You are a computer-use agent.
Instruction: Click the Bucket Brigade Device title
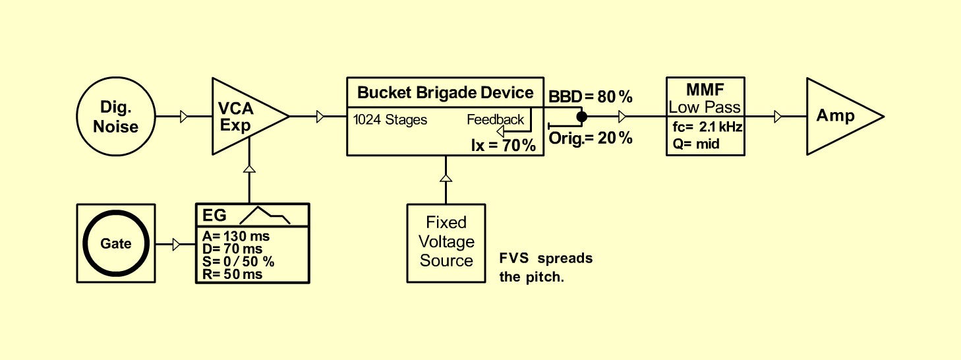pyautogui.click(x=446, y=93)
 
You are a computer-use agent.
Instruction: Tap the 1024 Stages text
pyautogui.click(x=390, y=120)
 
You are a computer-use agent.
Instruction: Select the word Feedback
pyautogui.click(x=496, y=119)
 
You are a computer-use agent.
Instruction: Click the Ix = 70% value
pyautogui.click(x=503, y=146)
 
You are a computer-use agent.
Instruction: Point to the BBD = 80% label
pyautogui.click(x=591, y=97)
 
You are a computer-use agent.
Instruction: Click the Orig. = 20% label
pyautogui.click(x=591, y=138)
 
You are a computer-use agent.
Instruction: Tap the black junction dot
pyautogui.click(x=582, y=116)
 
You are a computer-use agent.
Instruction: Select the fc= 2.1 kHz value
pyautogui.click(x=707, y=127)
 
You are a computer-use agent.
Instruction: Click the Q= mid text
pyautogui.click(x=696, y=144)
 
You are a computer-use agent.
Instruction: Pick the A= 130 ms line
pyautogui.click(x=236, y=236)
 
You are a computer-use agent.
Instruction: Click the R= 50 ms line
pyautogui.click(x=232, y=274)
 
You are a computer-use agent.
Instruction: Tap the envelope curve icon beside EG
pyautogui.click(x=265, y=216)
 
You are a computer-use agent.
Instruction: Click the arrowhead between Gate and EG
pyautogui.click(x=177, y=245)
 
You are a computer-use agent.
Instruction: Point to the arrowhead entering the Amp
pyautogui.click(x=778, y=116)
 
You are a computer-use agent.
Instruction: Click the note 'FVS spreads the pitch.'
pyautogui.click(x=546, y=268)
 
